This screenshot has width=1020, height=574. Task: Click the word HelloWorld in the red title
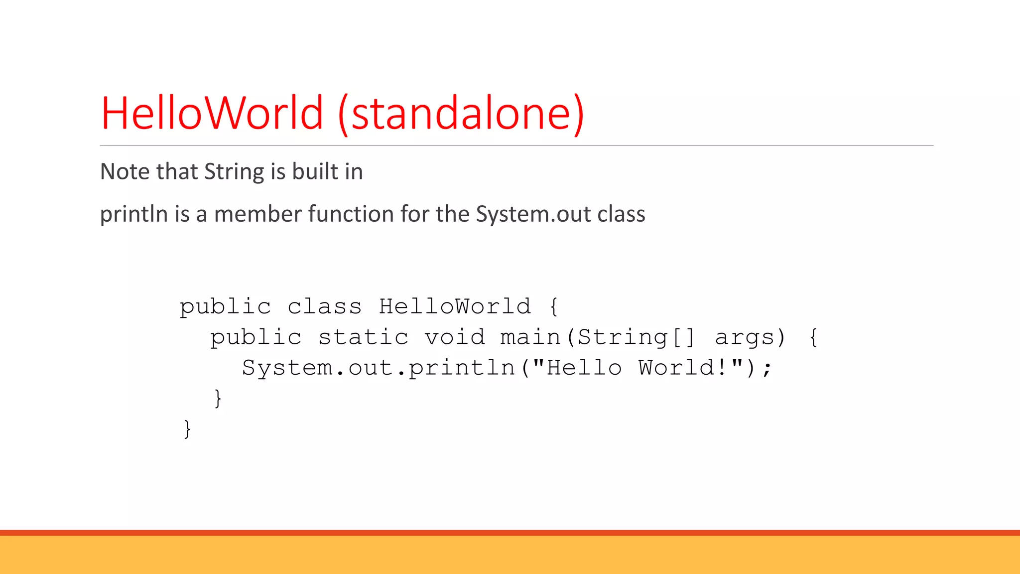pyautogui.click(x=212, y=113)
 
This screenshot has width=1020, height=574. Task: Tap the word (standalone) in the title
pyautogui.click(x=461, y=113)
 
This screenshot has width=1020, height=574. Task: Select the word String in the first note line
pyautogui.click(x=234, y=172)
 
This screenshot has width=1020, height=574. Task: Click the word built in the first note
pyautogui.click(x=315, y=172)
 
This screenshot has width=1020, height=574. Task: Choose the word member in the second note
pyautogui.click(x=257, y=214)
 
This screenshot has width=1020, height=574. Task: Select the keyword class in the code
pyautogui.click(x=324, y=306)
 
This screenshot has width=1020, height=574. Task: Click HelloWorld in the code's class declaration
pyautogui.click(x=455, y=306)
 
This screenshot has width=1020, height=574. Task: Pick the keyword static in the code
pyautogui.click(x=363, y=337)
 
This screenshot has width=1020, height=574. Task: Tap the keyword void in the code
pyautogui.click(x=455, y=337)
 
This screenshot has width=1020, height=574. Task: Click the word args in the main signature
pyautogui.click(x=745, y=337)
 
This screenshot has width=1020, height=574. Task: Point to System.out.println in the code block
pyautogui.click(x=379, y=368)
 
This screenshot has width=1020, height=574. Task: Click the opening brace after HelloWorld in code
pyautogui.click(x=554, y=306)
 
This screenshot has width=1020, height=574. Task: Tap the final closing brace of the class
pyautogui.click(x=187, y=429)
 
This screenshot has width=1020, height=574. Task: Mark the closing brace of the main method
pyautogui.click(x=218, y=399)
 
